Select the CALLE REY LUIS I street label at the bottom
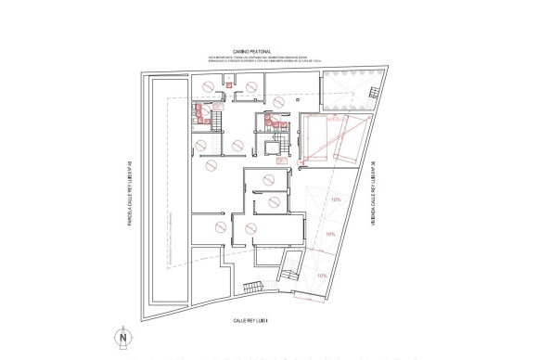(250, 320)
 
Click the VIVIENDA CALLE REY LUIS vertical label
(373, 195)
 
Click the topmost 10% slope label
(335, 199)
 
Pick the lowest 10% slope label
(322, 276)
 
